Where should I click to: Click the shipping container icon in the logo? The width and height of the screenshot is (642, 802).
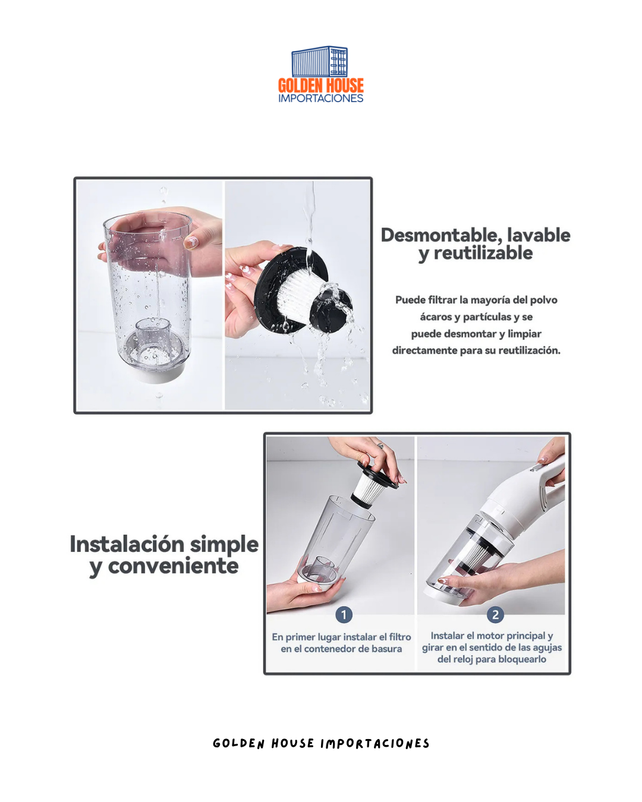pos(320,62)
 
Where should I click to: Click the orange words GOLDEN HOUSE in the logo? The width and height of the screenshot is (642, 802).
pos(320,86)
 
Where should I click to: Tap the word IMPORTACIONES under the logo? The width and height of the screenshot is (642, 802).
pos(320,99)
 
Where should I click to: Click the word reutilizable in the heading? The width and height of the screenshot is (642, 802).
pos(483,254)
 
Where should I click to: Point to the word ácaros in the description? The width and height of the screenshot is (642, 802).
pos(436,317)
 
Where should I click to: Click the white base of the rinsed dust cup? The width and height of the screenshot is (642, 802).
pos(155,374)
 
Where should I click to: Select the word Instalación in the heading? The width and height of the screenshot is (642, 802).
pos(127,544)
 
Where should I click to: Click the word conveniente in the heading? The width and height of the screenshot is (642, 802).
pos(173,566)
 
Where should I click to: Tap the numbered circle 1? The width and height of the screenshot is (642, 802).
pos(344,615)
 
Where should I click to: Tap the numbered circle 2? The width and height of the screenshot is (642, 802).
pos(495,615)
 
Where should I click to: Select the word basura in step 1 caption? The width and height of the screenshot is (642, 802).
pos(386,649)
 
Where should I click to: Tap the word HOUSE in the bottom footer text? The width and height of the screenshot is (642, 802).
pos(292,744)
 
